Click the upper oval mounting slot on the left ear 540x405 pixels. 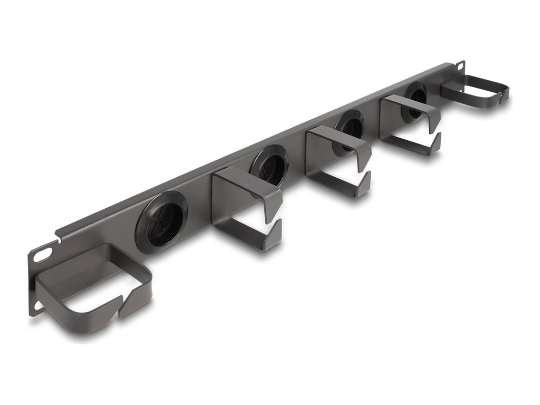pos(43,254)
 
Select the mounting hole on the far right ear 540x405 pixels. pos(460,66)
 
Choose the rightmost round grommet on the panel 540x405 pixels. pos(416,96)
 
